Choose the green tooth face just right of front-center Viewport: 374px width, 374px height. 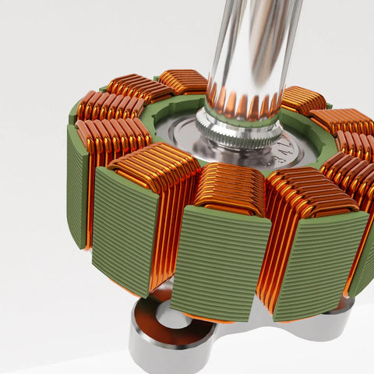pos(319,261)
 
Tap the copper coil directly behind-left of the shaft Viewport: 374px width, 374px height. pos(182,81)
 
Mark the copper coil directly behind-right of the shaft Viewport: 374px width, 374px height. pos(302,99)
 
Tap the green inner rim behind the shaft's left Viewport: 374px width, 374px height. pos(168,109)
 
